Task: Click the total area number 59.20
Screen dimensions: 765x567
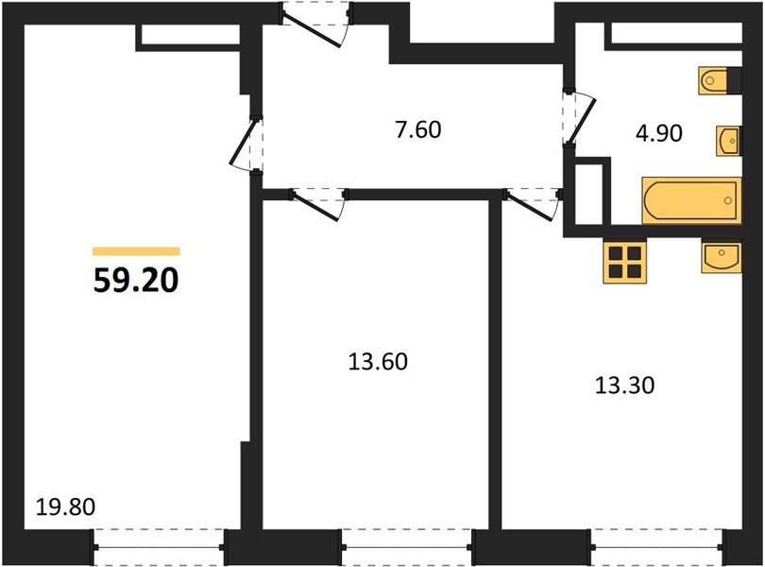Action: (x=136, y=281)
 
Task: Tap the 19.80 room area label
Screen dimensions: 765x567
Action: (x=65, y=507)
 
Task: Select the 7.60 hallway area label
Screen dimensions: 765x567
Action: (x=418, y=129)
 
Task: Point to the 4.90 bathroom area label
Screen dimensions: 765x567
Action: (x=658, y=133)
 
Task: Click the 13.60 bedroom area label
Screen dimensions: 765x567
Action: (x=378, y=362)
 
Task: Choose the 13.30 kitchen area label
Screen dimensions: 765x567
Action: (x=625, y=386)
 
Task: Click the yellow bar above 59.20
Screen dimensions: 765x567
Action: (x=136, y=251)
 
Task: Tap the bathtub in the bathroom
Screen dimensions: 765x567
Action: (x=692, y=200)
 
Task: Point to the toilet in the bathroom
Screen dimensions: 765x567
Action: (x=720, y=80)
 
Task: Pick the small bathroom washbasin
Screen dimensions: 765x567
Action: (x=728, y=141)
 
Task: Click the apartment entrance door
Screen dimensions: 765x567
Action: (x=315, y=25)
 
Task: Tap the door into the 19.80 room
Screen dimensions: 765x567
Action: (x=246, y=144)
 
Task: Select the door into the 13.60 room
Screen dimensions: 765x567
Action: (x=318, y=204)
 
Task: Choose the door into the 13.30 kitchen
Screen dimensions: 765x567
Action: (x=533, y=204)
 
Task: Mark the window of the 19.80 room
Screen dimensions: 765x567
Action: (x=159, y=547)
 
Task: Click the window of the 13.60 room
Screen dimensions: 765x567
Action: (x=407, y=547)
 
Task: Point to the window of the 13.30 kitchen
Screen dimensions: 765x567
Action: (x=656, y=547)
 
